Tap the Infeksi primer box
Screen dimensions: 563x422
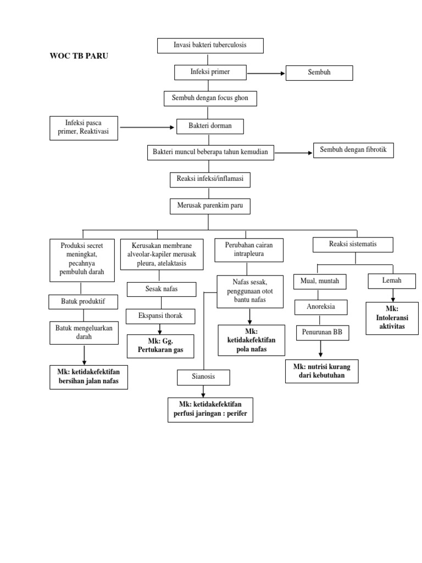pyautogui.click(x=210, y=72)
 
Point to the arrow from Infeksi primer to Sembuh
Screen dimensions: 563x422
pyautogui.click(x=265, y=73)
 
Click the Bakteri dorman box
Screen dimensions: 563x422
pyautogui.click(x=210, y=126)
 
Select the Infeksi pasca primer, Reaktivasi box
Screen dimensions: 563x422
pyautogui.click(x=84, y=128)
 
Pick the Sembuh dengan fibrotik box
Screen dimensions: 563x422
pyautogui.click(x=353, y=150)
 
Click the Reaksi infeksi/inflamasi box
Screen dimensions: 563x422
pyautogui.click(x=210, y=180)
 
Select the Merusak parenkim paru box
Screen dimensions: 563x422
pyautogui.click(x=210, y=206)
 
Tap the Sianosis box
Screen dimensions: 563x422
pyautogui.click(x=203, y=378)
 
